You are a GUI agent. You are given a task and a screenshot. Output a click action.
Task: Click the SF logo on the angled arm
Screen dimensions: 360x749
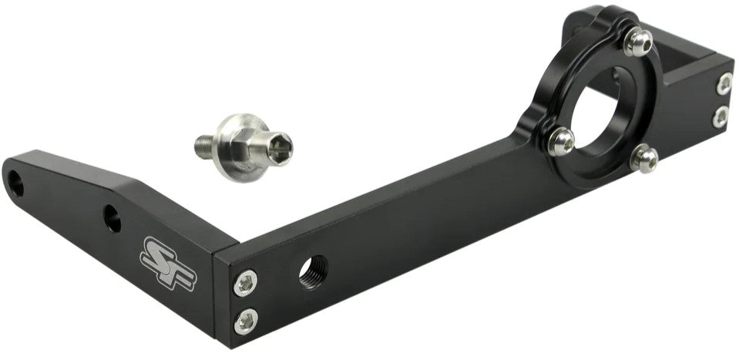[x=167, y=262]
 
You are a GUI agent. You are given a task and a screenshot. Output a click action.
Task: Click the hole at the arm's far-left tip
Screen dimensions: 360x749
[x=16, y=182]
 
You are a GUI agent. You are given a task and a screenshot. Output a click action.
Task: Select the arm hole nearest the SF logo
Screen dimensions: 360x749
[x=113, y=219]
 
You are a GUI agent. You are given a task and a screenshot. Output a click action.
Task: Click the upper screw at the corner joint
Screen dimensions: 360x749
[x=247, y=281]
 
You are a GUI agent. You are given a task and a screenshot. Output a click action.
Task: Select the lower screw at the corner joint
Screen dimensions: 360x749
[x=247, y=318]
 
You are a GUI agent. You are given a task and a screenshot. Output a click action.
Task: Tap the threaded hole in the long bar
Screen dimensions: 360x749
[x=314, y=270]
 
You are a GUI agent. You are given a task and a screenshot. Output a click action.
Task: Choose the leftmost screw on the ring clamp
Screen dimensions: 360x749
[x=562, y=140]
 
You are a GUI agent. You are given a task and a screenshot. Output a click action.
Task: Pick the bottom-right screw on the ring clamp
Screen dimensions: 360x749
[x=643, y=160]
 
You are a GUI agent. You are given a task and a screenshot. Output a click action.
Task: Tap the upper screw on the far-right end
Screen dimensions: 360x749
[x=724, y=84]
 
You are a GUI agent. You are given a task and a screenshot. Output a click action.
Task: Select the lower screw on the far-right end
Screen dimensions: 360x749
[x=720, y=117]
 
